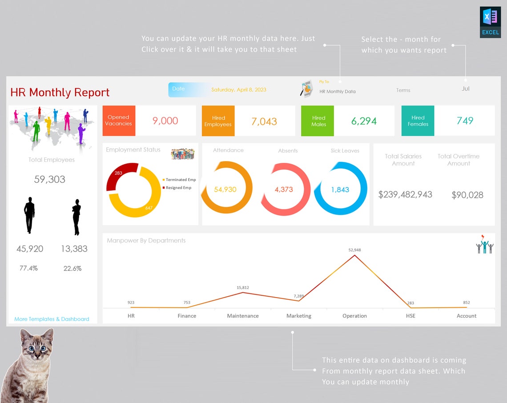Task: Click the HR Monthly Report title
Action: [60, 93]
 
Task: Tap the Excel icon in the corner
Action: [490, 22]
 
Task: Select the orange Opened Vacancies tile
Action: [119, 121]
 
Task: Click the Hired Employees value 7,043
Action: [264, 121]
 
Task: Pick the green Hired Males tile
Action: [318, 121]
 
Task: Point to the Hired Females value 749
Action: [465, 121]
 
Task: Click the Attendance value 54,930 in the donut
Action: [225, 189]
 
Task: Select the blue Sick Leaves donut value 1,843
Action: [340, 189]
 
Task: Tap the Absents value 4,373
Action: [284, 189]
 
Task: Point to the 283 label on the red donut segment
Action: [118, 173]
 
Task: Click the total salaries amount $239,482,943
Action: [405, 194]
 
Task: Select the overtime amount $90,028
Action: [467, 195]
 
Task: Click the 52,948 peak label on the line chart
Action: [354, 250]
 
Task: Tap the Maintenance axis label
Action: [243, 316]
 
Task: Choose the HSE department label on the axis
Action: [410, 316]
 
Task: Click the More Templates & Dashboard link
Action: [52, 319]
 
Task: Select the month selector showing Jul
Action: [466, 89]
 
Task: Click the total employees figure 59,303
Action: [50, 179]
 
